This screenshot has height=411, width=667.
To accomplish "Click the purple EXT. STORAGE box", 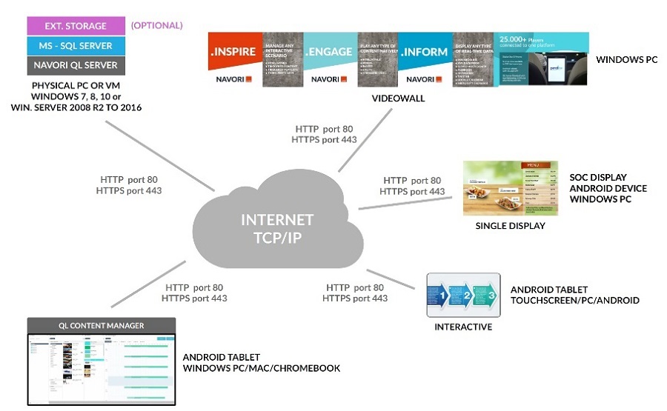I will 75,26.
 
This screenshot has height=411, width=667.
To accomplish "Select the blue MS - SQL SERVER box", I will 75,46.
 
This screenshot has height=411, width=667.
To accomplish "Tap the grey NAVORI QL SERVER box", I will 75,65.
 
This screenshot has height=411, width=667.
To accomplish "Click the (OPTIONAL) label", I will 156,26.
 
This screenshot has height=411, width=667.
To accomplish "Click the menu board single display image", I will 509,187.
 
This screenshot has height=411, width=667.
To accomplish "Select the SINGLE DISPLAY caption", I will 510,225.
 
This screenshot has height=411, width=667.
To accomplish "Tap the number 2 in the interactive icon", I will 467,296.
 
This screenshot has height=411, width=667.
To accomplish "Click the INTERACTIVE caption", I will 464,327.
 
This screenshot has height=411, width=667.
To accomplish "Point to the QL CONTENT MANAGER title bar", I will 101,325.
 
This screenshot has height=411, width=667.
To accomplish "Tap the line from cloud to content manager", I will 148,286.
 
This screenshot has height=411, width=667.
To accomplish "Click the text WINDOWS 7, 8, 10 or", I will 75,96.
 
